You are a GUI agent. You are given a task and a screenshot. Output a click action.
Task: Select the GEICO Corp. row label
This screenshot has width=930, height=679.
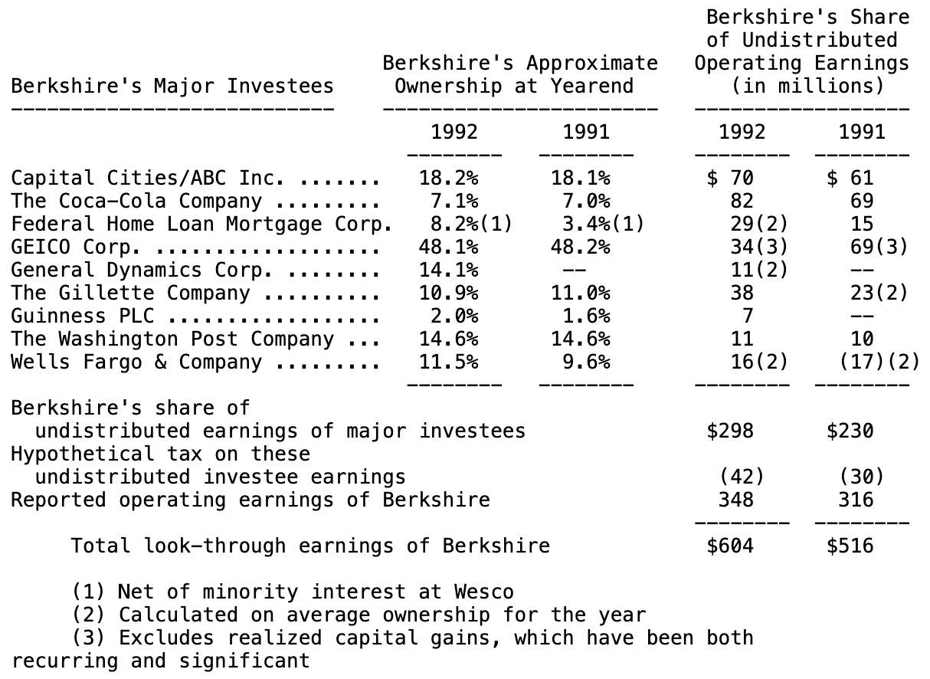[x=76, y=248]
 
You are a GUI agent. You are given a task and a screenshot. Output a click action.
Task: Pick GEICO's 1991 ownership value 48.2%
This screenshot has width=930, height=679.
[x=581, y=248]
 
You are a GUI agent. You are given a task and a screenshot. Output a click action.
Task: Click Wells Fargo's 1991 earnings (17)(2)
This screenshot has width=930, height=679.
[x=879, y=362]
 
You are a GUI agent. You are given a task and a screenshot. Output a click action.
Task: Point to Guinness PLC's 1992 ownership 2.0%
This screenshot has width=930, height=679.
[x=454, y=317]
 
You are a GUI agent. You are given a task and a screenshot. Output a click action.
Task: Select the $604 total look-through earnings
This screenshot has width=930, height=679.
[x=730, y=546]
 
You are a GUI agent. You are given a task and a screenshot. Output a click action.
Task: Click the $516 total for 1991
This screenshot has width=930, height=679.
[x=850, y=546]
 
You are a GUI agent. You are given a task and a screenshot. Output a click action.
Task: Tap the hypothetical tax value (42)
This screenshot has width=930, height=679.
[x=742, y=477]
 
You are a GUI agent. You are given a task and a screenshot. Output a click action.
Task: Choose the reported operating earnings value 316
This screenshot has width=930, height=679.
[x=856, y=500]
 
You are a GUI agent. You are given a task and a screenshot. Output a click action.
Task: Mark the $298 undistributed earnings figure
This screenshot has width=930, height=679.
[x=730, y=431]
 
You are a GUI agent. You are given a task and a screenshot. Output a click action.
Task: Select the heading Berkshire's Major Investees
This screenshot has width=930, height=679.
[x=172, y=86]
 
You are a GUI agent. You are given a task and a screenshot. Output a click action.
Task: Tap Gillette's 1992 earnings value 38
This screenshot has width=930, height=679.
[x=742, y=294]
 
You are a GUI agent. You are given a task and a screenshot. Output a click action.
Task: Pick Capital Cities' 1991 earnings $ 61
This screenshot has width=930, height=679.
[x=850, y=179]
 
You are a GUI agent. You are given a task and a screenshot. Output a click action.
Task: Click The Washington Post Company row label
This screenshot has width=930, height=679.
[x=172, y=339]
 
